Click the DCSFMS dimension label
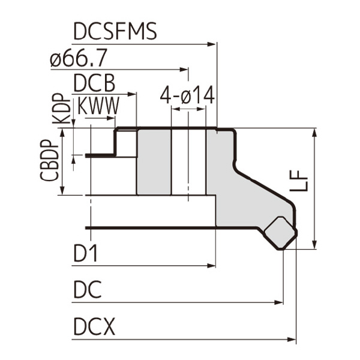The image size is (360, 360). click(115, 31)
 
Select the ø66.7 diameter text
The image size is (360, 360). click(79, 59)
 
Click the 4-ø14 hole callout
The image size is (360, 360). click(187, 95)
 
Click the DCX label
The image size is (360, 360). click(95, 328)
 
